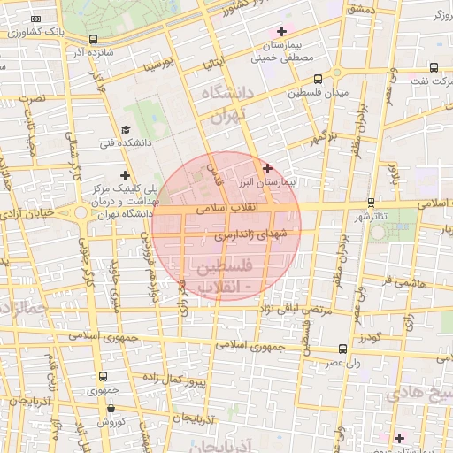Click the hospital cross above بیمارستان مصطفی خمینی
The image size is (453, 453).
click(x=280, y=32)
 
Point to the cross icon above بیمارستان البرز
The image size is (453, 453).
click(x=267, y=167)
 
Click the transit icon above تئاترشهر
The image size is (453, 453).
click(x=370, y=203)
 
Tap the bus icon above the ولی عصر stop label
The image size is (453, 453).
click(x=342, y=349)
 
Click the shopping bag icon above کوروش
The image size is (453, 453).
click(x=111, y=409)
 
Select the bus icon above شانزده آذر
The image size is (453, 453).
click(x=94, y=39)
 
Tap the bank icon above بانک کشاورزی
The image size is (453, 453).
click(x=35, y=19)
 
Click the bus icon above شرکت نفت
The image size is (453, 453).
click(x=433, y=66)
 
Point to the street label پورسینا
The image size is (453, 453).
click(x=168, y=65)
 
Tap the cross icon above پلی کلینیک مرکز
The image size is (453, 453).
click(x=126, y=175)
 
